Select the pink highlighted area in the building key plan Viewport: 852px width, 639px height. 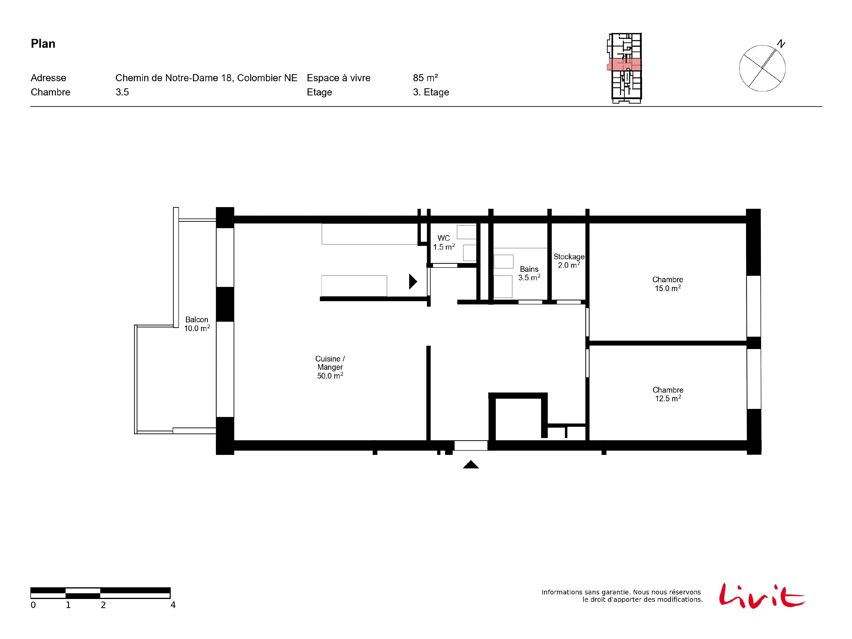[624, 64]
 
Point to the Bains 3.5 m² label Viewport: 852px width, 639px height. [529, 273]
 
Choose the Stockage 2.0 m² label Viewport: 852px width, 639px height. [569, 261]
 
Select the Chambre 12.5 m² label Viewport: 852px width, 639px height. [668, 394]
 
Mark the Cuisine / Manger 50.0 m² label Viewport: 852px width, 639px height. [330, 367]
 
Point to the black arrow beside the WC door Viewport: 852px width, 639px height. [413, 281]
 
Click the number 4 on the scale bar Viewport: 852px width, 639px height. [173, 605]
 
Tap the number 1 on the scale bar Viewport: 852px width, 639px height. [68, 605]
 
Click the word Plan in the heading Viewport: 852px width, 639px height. [43, 43]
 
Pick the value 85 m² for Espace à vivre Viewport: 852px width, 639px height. [425, 78]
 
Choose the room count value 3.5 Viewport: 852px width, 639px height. [122, 92]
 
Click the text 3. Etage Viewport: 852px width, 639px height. [431, 92]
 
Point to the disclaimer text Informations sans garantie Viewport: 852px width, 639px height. [585, 592]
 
